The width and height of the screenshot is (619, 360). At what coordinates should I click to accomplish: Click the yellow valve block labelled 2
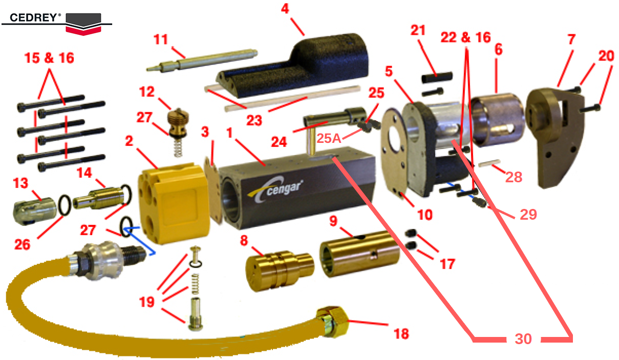pyautogui.click(x=174, y=203)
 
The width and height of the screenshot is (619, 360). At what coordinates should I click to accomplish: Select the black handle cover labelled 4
pyautogui.click(x=293, y=67)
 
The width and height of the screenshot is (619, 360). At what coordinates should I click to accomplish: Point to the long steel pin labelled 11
pyautogui.click(x=202, y=60)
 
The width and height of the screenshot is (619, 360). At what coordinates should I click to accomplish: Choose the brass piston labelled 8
pyautogui.click(x=280, y=270)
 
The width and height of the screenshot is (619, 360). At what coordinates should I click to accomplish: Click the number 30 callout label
pyautogui.click(x=523, y=338)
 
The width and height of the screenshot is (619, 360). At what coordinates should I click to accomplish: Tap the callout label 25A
pyautogui.click(x=329, y=138)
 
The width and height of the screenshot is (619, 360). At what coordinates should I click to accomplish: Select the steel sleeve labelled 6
pyautogui.click(x=498, y=119)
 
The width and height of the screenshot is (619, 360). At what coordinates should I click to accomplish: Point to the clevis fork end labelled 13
pyautogui.click(x=34, y=211)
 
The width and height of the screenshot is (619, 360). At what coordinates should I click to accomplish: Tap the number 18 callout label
pyautogui.click(x=401, y=334)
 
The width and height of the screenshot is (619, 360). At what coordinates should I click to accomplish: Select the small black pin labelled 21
pyautogui.click(x=437, y=77)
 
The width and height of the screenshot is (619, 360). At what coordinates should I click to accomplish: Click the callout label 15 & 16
pyautogui.click(x=49, y=58)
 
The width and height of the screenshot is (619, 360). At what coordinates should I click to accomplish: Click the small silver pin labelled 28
pyautogui.click(x=489, y=163)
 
